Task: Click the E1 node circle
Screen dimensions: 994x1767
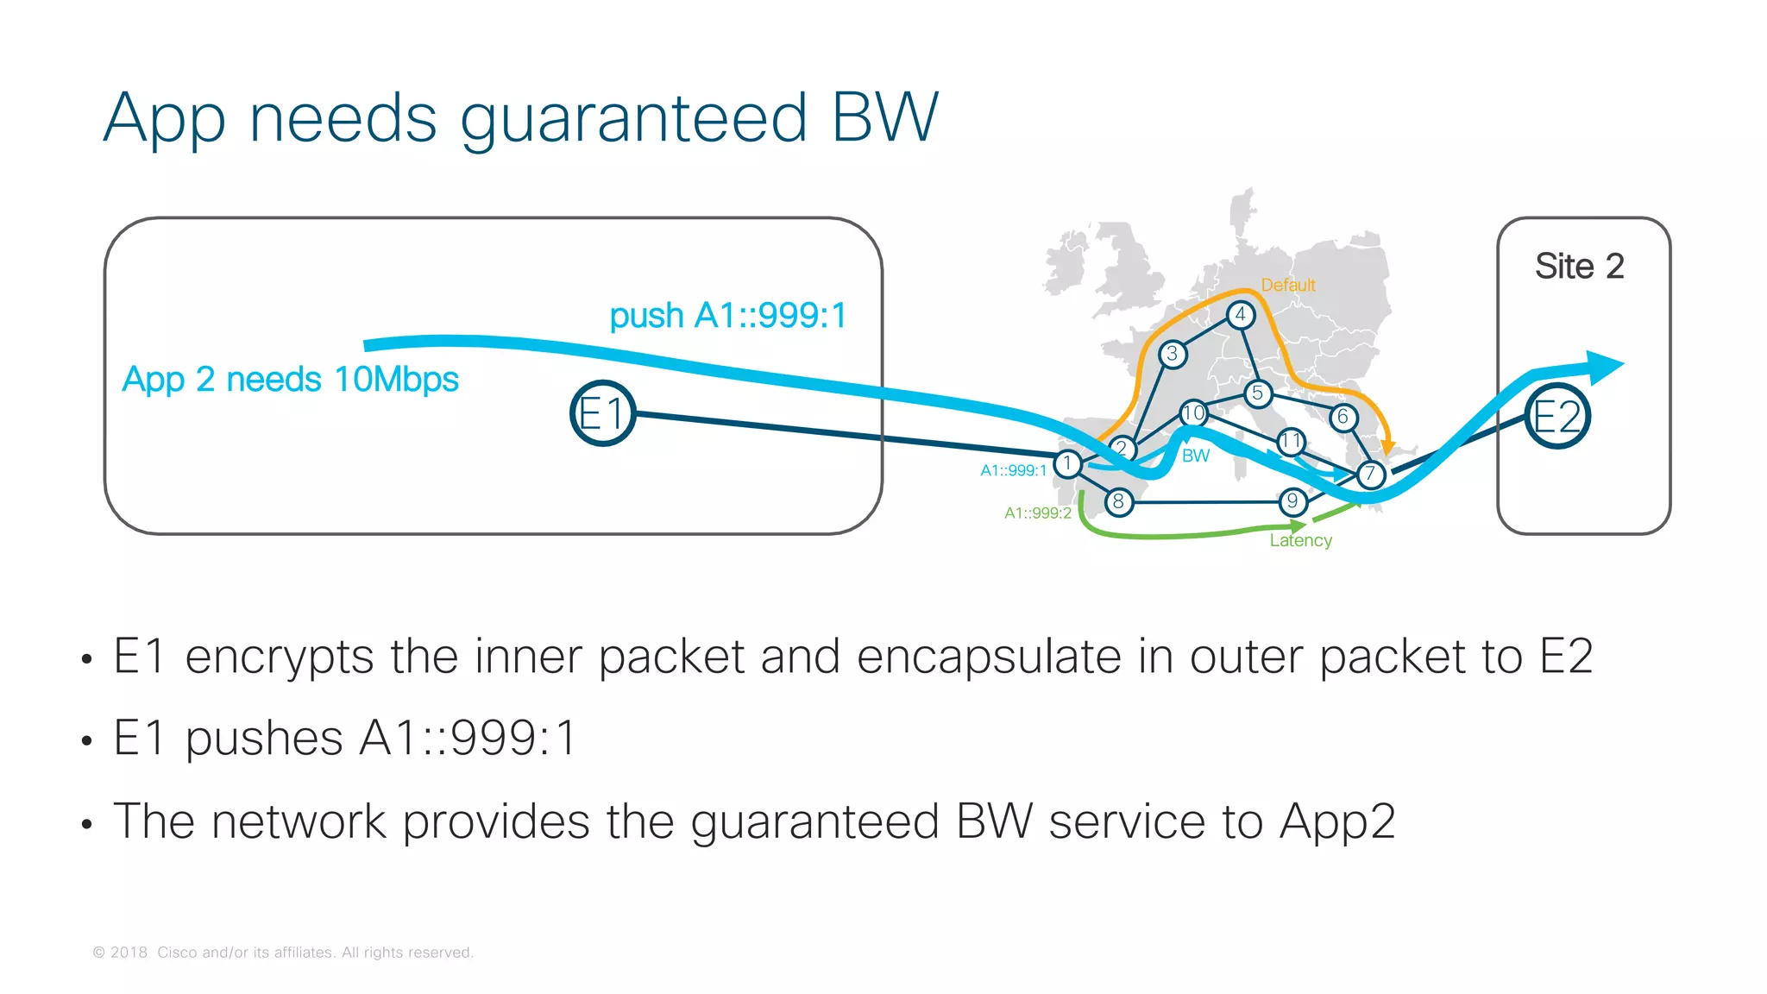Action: coord(602,413)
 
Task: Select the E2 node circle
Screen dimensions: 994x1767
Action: coord(1556,417)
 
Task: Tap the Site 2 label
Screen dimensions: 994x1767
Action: coord(1579,266)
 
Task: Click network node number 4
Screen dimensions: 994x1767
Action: coord(1240,315)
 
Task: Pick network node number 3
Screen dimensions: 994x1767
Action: coord(1172,354)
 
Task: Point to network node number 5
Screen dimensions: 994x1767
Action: coord(1257,394)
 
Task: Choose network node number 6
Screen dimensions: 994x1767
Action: coord(1343,418)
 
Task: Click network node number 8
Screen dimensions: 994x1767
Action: coord(1118,501)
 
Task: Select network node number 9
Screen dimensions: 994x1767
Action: coord(1292,501)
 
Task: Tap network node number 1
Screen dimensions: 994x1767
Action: coord(1067,463)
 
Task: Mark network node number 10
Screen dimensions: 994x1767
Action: coord(1193,413)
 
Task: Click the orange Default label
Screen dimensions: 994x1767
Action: coord(1287,285)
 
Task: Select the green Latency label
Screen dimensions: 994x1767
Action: coord(1300,540)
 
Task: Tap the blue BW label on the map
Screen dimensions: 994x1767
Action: coord(1195,456)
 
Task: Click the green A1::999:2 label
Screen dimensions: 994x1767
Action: coord(1037,513)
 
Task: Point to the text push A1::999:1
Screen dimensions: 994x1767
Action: coord(727,316)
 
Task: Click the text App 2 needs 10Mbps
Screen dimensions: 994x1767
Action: coord(290,380)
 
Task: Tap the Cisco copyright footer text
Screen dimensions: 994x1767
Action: coord(283,953)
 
